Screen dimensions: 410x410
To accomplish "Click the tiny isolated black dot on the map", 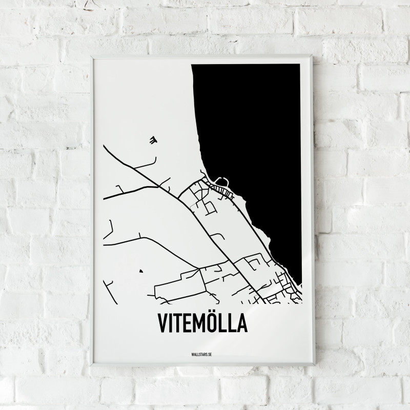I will click(x=140, y=271).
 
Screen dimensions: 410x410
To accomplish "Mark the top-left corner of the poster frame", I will click(x=92, y=58).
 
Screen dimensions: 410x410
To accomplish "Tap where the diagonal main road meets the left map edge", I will click(x=104, y=146).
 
